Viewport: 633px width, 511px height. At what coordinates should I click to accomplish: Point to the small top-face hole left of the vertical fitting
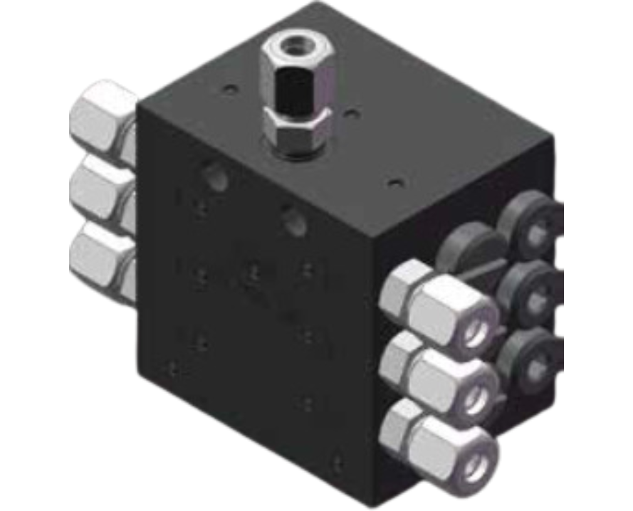[227, 90]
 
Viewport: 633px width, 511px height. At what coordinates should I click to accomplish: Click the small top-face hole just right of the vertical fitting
[350, 112]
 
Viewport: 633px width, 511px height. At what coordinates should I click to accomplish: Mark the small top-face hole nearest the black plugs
[391, 184]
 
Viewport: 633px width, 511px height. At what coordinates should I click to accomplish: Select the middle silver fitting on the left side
[102, 189]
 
